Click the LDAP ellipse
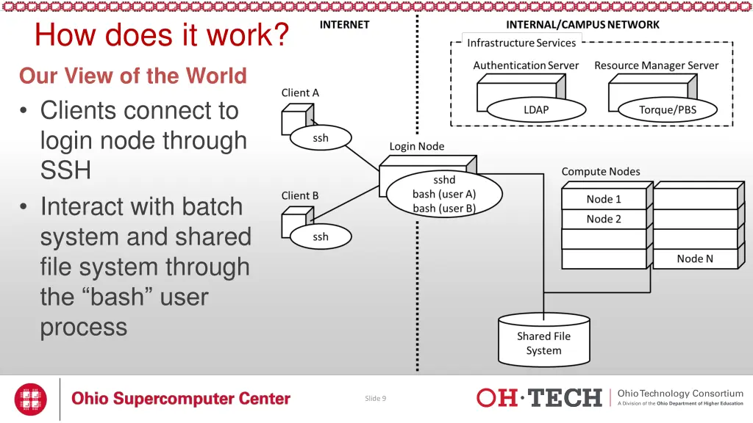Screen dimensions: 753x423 pyautogui.click(x=536, y=110)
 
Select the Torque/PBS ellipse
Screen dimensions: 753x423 pyautogui.click(x=668, y=110)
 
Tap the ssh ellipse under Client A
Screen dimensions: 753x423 pyautogui.click(x=321, y=138)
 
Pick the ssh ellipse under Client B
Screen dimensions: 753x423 pyautogui.click(x=321, y=237)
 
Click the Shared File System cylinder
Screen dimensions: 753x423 pyautogui.click(x=544, y=340)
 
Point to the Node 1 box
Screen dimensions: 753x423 pyautogui.click(x=604, y=199)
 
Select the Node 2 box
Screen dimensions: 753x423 pyautogui.click(x=604, y=219)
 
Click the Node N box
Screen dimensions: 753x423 pyautogui.click(x=696, y=259)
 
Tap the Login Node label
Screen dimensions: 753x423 pyautogui.click(x=417, y=146)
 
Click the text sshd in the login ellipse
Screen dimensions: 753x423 pyautogui.click(x=444, y=180)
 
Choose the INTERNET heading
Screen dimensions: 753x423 pyautogui.click(x=345, y=25)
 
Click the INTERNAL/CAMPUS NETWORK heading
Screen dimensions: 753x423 pyautogui.click(x=582, y=25)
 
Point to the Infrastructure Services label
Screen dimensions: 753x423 pyautogui.click(x=521, y=43)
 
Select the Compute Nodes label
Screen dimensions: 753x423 pyautogui.click(x=601, y=172)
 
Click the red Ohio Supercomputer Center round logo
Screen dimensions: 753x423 pyautogui.click(x=31, y=399)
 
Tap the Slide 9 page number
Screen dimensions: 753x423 pyautogui.click(x=376, y=399)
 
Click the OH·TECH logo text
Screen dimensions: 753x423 pyautogui.click(x=539, y=398)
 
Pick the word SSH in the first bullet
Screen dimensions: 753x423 pyautogui.click(x=65, y=170)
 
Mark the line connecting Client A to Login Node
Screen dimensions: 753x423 pyautogui.click(x=362, y=158)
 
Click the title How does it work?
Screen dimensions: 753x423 pyautogui.click(x=162, y=35)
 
